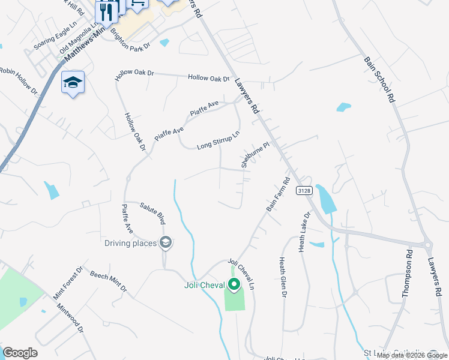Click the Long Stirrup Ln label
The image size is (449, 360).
[x=218, y=140]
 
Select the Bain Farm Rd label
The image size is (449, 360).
[x=278, y=194]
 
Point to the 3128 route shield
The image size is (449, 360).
[x=303, y=190]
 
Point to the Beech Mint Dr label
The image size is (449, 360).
[x=109, y=281]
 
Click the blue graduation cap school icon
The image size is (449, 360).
[x=73, y=82]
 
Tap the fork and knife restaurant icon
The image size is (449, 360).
[x=106, y=11]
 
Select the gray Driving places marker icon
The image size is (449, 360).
[x=166, y=243]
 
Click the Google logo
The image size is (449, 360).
[x=20, y=353]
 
